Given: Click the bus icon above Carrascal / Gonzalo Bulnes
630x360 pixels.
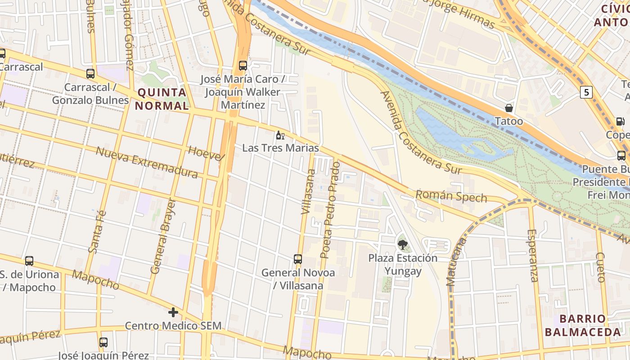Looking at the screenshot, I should click(90, 74).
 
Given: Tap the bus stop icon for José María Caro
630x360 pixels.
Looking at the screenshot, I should click(243, 66).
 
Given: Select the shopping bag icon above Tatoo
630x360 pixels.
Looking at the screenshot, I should click(509, 108).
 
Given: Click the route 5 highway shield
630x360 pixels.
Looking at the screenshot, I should click(586, 92).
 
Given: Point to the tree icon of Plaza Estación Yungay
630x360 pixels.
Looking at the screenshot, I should click(403, 244).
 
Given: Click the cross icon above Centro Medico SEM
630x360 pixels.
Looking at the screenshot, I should click(173, 312).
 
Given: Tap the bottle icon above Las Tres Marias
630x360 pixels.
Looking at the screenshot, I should click(280, 135).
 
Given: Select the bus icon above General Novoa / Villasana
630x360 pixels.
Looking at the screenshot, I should click(298, 259).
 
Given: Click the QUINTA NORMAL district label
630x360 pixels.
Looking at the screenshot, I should click(162, 99).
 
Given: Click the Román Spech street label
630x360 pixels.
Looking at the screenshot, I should click(451, 196).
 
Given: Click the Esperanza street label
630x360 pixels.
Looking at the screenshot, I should click(533, 256).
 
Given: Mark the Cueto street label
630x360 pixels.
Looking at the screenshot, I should click(600, 267).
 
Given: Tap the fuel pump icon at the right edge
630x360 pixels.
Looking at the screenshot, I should click(620, 121).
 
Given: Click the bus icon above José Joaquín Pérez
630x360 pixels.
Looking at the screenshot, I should click(103, 342).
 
